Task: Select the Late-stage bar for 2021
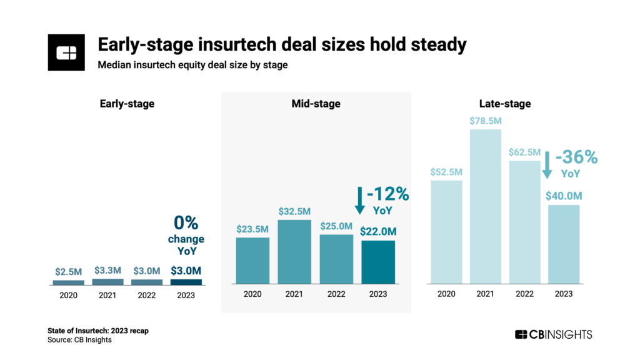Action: (486, 207)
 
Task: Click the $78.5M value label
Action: (486, 120)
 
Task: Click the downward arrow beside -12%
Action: (359, 201)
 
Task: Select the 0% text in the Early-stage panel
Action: (186, 223)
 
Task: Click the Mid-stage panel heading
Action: (316, 104)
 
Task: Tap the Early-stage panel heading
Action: (127, 104)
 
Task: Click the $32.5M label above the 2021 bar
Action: (293, 211)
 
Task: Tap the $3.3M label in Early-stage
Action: (107, 271)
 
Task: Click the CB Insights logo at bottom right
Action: (552, 334)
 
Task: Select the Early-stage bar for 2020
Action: (69, 282)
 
